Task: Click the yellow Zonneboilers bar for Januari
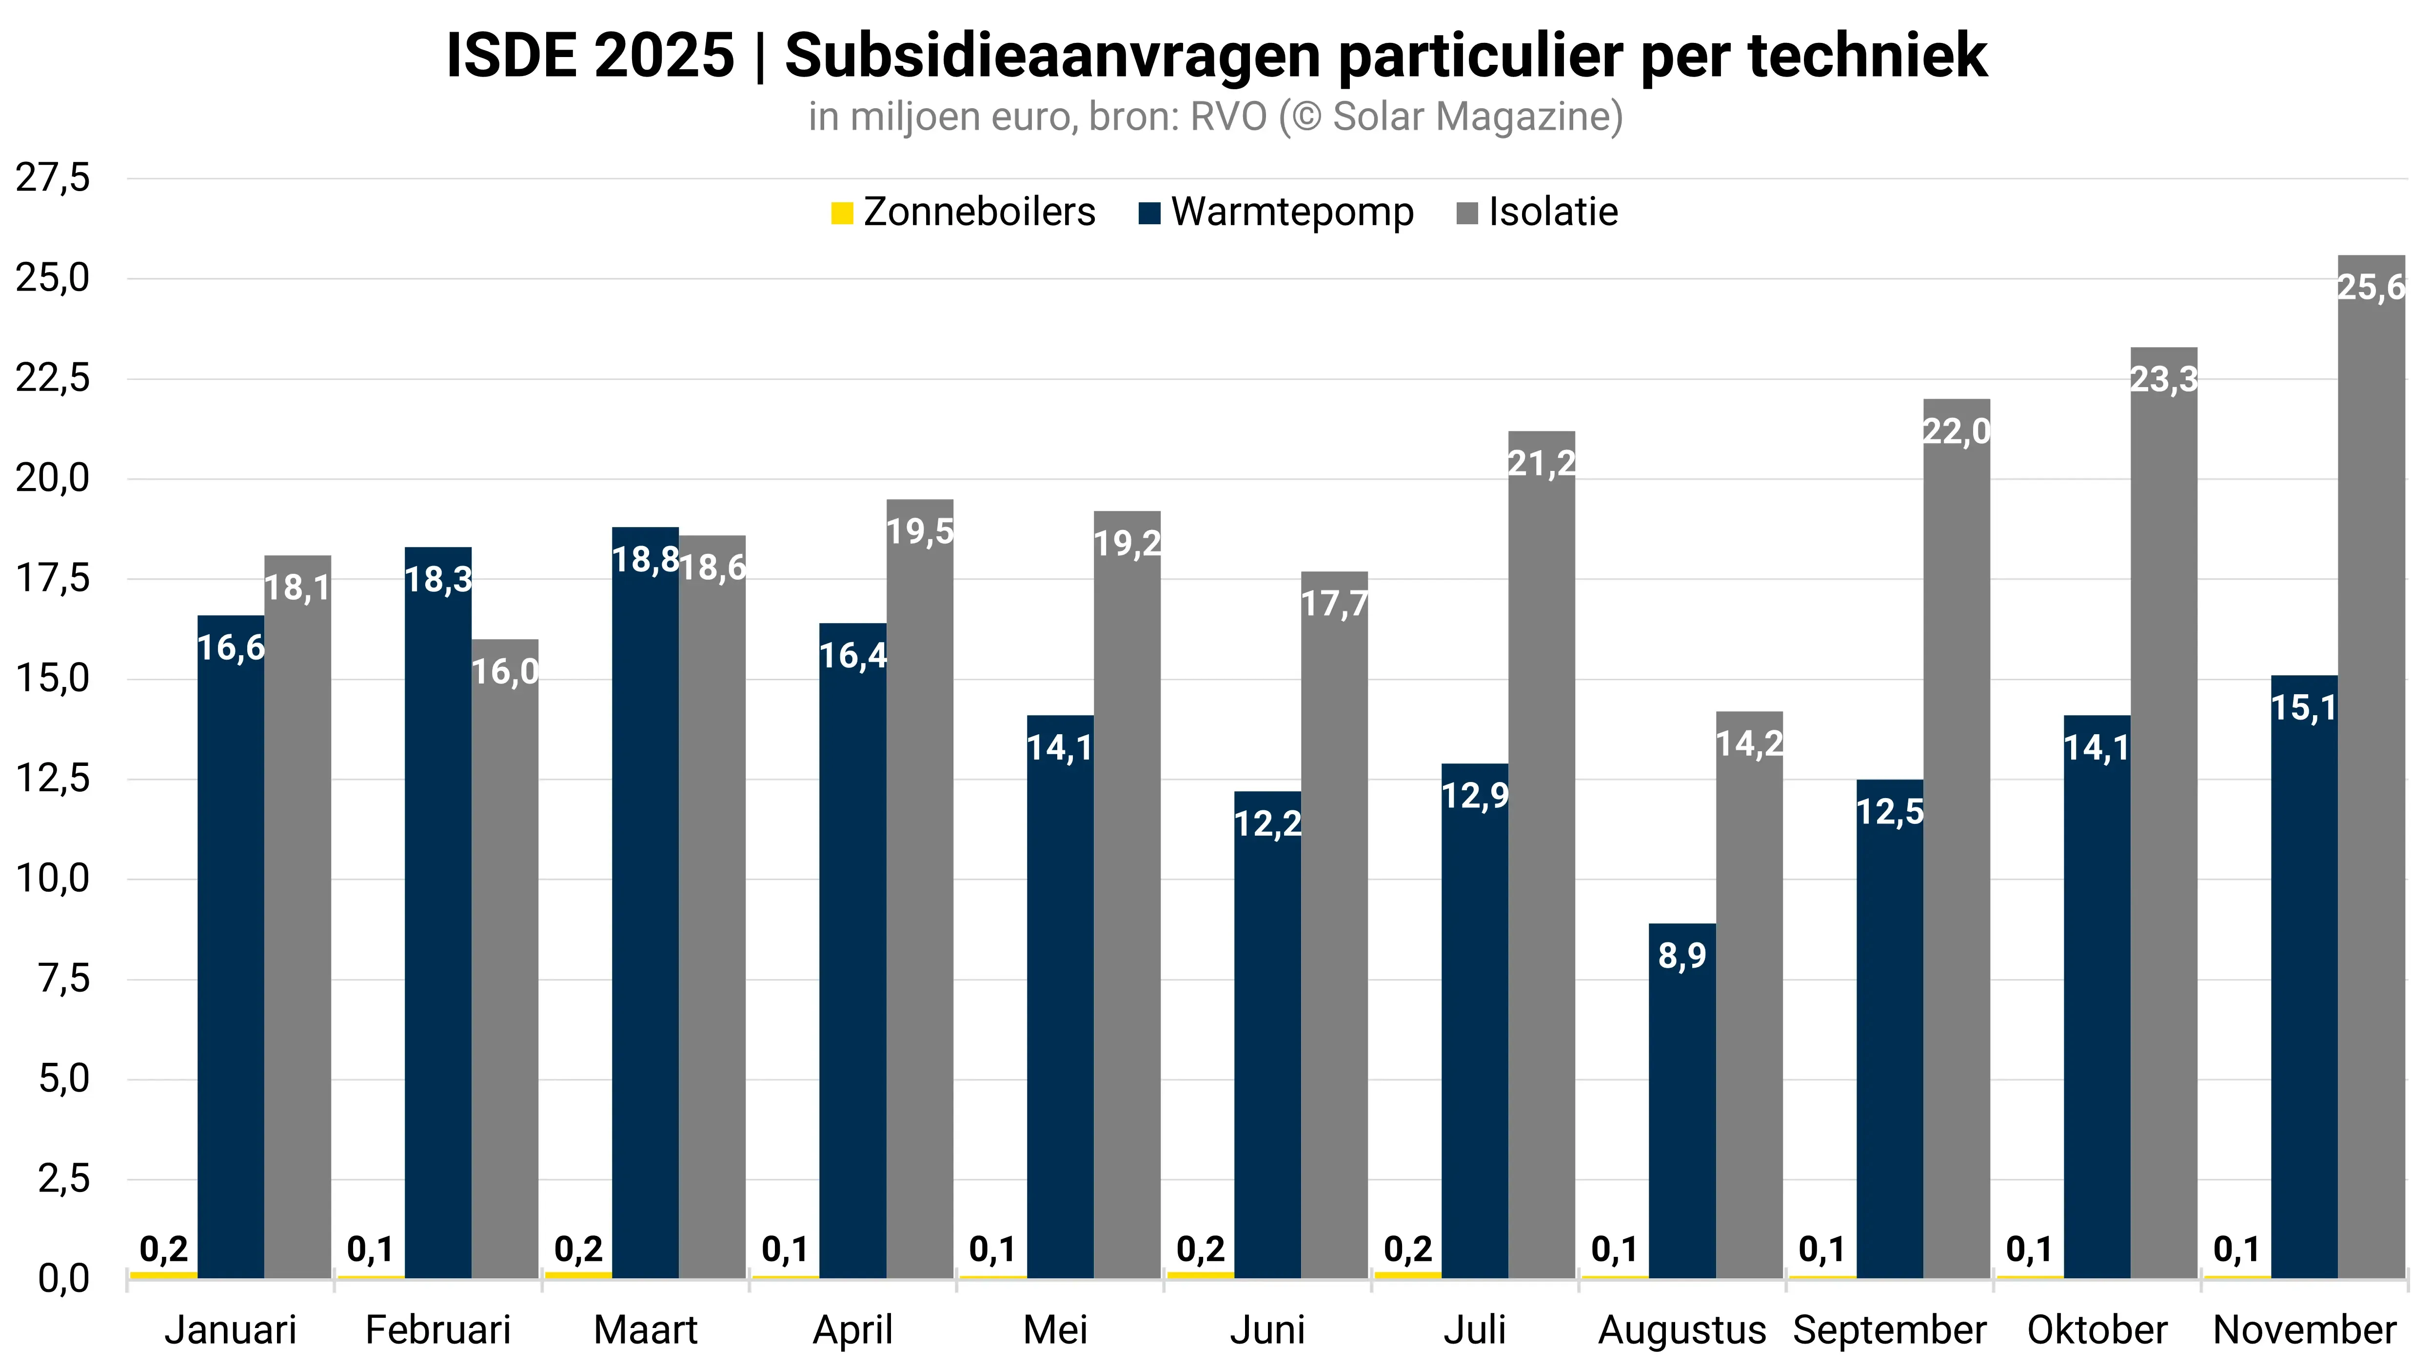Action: pyautogui.click(x=163, y=1274)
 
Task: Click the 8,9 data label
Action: pyautogui.click(x=1682, y=956)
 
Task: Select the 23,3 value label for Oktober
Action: pyautogui.click(x=2164, y=379)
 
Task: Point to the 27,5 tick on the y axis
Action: pyautogui.click(x=53, y=177)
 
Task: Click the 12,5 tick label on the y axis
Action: pyautogui.click(x=53, y=779)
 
